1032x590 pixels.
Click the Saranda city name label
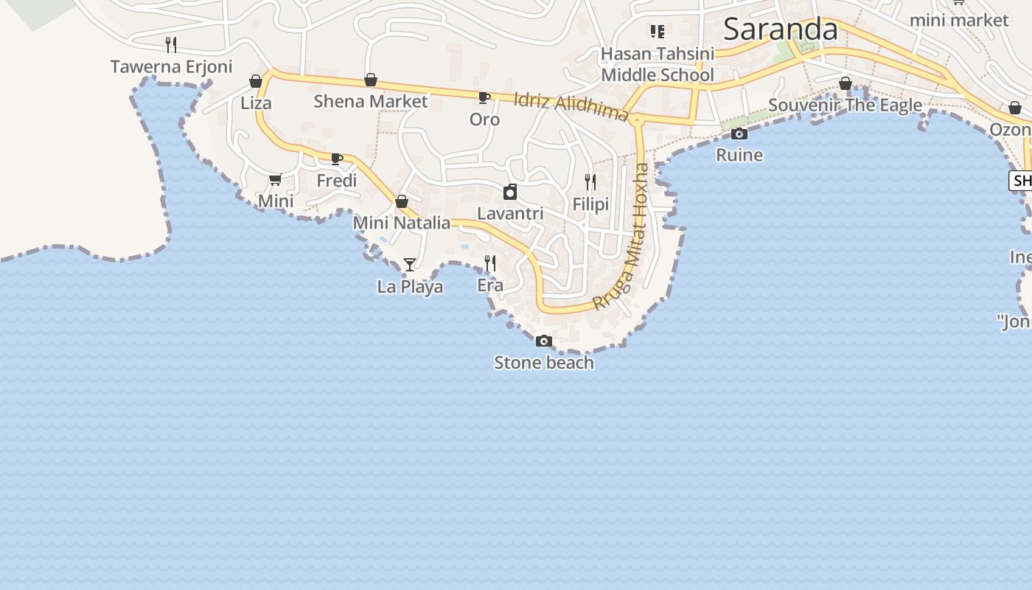(x=780, y=29)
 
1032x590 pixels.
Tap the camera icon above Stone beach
(x=544, y=341)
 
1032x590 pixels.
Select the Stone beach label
(x=544, y=362)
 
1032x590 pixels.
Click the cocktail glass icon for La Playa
(x=410, y=264)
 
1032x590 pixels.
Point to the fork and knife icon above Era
(x=489, y=263)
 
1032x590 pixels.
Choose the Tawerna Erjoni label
(x=171, y=66)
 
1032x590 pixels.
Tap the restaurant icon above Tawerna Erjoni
(x=171, y=44)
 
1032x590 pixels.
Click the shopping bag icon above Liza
(x=256, y=81)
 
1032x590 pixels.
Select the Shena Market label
(x=371, y=101)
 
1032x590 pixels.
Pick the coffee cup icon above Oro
(x=484, y=97)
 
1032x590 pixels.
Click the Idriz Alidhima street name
(x=571, y=106)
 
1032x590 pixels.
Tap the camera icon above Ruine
(x=739, y=133)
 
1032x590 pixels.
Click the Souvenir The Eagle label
(x=845, y=105)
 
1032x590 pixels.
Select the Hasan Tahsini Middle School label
(x=658, y=64)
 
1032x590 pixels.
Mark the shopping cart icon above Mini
(x=276, y=179)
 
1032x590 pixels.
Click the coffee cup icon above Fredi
(x=337, y=159)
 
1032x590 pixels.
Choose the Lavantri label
(x=510, y=213)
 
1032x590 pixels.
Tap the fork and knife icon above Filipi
(x=590, y=181)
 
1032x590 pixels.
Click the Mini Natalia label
(x=402, y=222)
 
